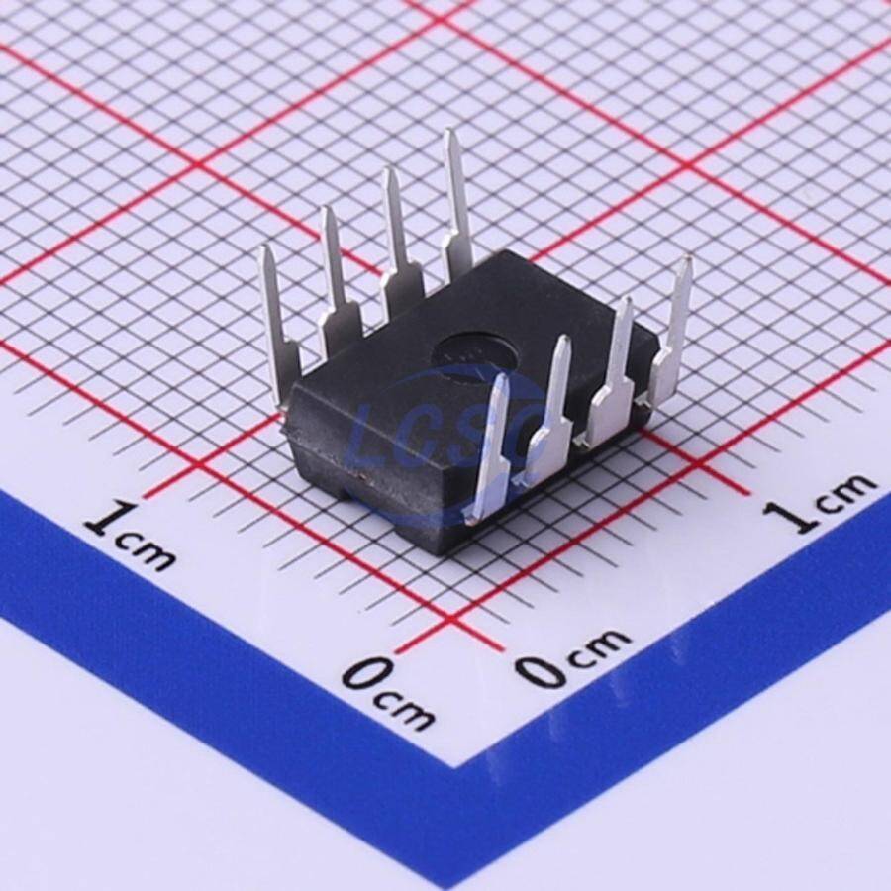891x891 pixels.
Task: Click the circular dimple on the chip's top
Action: tap(475, 354)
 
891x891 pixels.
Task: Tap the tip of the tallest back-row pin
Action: tap(451, 132)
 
